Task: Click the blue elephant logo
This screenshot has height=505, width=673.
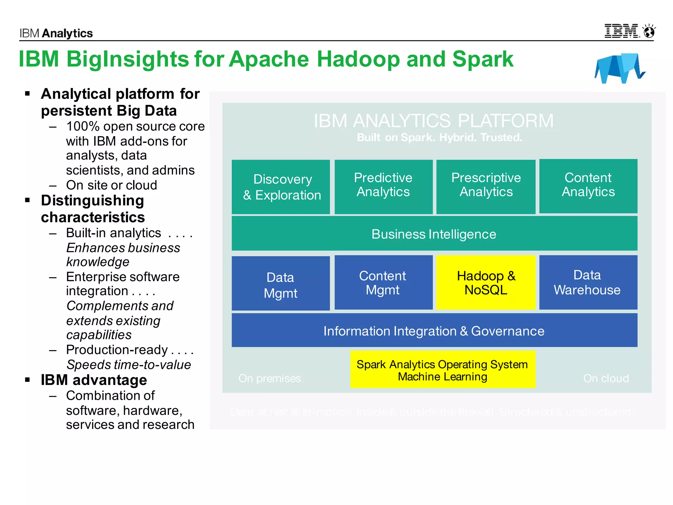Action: coord(619,68)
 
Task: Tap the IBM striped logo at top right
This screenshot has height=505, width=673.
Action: coord(622,31)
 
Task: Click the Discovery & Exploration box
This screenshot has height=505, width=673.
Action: coord(281,187)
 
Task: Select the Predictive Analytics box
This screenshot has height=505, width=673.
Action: coord(383,186)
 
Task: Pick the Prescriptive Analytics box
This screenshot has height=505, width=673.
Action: coord(486,186)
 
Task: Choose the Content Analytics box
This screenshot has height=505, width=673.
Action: coord(588,186)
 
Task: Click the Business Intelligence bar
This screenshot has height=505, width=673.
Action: coord(434,234)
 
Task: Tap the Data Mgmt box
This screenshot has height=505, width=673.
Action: coord(281,283)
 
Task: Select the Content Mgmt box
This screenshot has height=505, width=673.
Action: coord(383,283)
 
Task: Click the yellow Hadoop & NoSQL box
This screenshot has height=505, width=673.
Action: coord(486,283)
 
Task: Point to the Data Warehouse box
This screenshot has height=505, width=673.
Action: coord(588,283)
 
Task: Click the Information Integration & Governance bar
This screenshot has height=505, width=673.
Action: coord(434,330)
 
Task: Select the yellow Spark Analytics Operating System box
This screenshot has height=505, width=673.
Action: coord(442,370)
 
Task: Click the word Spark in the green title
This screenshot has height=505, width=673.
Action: coord(482,60)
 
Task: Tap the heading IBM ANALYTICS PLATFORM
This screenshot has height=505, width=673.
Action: coord(433,121)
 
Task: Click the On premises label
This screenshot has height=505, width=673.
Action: coord(269,378)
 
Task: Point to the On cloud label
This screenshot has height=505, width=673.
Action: coord(606,378)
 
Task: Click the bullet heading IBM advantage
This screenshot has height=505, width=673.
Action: coord(94,380)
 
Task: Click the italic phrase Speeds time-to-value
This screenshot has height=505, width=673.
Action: coord(128,365)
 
